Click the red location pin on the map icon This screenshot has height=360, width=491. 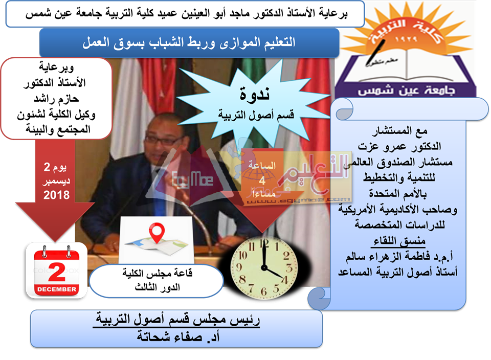coord(157,232)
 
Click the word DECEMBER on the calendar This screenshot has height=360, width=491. coord(57,289)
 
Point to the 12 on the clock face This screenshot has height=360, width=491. coord(264,243)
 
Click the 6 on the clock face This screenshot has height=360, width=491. coord(264,292)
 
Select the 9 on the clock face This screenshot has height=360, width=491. coord(239,267)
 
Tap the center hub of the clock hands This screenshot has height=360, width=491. coord(264,268)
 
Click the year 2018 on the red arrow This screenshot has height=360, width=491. coord(56,195)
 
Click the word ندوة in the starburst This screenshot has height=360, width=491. coord(255,94)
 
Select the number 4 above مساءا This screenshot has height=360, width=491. coord(262,181)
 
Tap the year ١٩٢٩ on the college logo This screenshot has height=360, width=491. coord(406,39)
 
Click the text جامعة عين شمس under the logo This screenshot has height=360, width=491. coord(406,90)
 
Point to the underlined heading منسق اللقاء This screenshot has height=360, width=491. coord(399,241)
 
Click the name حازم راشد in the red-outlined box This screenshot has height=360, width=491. coord(56,99)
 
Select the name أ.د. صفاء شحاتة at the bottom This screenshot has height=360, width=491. coord(177,336)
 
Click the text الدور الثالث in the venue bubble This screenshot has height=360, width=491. coord(158,287)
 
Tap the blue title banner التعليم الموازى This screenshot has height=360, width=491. coord(189,43)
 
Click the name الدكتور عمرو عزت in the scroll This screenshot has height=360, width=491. coord(399,146)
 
